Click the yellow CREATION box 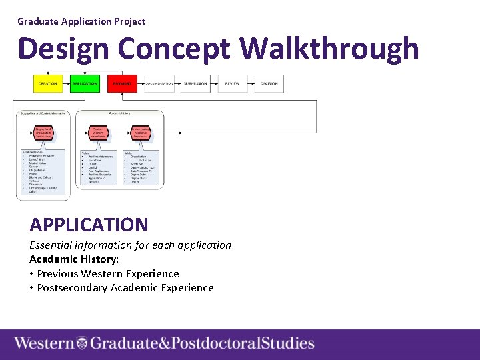47,84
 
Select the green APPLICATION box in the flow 85,84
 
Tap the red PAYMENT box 121,84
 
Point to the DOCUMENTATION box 159,84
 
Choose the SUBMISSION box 195,84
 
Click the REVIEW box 232,84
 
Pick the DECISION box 269,84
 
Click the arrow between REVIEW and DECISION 251,84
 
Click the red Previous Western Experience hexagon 98,133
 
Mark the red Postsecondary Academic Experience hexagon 140,133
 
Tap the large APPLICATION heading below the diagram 89,225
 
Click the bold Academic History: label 74,259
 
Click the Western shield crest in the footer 82,344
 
